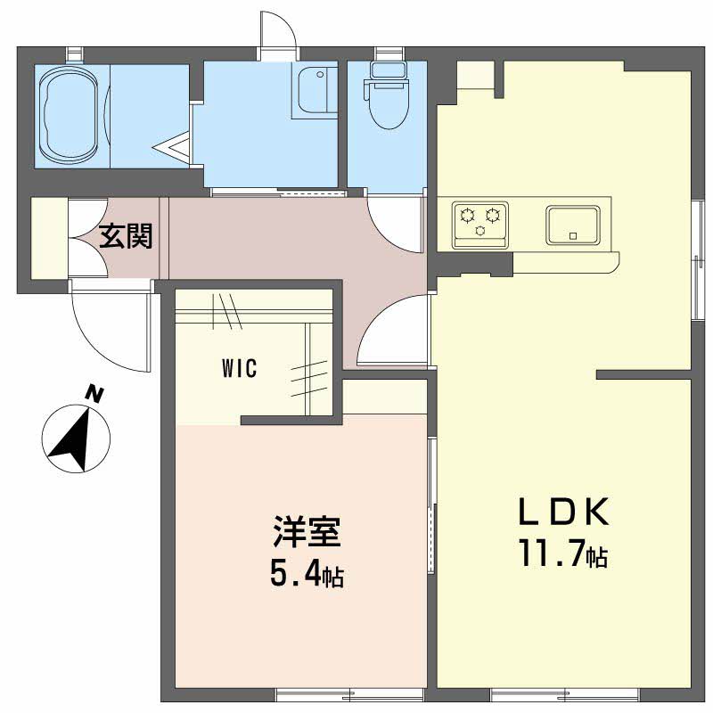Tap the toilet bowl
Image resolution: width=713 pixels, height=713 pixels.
387,105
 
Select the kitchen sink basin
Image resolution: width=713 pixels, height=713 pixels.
573,225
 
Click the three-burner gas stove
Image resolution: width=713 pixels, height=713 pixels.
480,225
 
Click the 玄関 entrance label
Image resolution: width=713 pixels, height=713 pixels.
126,236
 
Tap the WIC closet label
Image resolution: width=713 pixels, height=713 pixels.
240,368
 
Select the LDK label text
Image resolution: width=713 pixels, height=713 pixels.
564,511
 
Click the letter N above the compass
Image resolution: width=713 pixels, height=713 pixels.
94,394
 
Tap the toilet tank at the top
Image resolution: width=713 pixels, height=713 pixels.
388,70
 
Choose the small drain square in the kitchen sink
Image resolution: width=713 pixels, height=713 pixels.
573,236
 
